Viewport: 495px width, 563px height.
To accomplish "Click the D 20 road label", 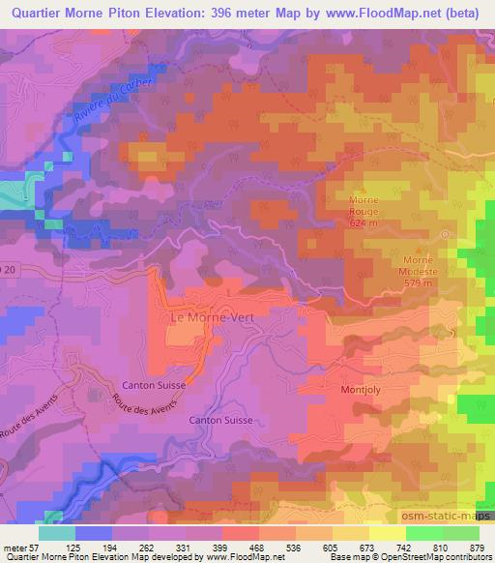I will click(8, 267).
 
